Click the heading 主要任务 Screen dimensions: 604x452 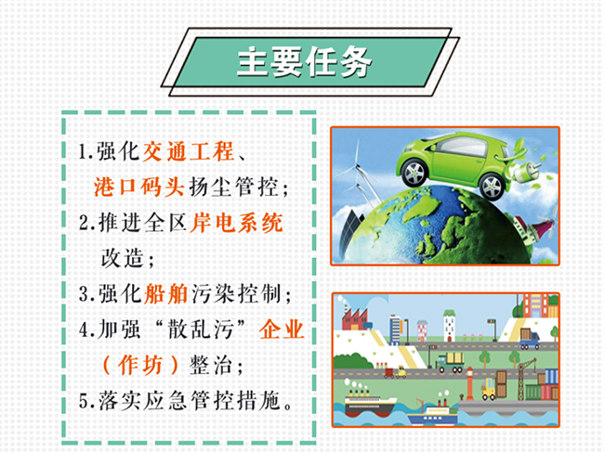click(304, 62)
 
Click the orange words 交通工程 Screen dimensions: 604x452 click(189, 151)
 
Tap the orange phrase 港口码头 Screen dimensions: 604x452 click(139, 187)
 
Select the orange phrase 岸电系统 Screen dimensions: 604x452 click(237, 223)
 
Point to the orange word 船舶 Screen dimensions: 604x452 click(166, 294)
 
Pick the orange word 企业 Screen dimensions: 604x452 click(282, 329)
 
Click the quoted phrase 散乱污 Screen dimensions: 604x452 click(201, 329)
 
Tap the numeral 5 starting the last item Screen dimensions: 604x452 click(84, 401)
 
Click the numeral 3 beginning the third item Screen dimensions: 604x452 click(84, 294)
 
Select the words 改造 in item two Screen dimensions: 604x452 click(122, 258)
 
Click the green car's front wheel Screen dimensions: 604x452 click(414, 173)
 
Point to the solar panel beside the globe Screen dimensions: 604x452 click(350, 230)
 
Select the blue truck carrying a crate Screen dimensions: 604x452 click(530, 339)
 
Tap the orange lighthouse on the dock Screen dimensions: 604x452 click(469, 383)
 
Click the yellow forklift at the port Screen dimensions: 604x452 click(489, 389)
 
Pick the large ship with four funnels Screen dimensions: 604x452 click(369, 402)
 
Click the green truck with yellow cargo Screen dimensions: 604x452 click(450, 362)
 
